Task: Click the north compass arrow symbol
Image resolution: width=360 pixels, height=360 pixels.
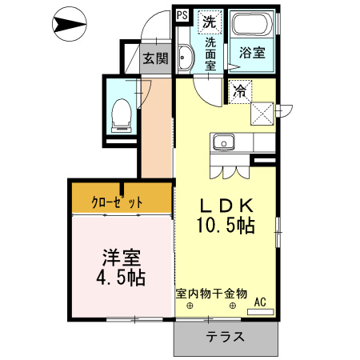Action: pyautogui.click(x=70, y=26)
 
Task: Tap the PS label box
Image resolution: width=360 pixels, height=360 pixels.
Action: pyautogui.click(x=181, y=14)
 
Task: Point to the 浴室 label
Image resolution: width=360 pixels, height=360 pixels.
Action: pyautogui.click(x=253, y=54)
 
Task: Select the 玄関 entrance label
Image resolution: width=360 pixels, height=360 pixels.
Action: pyautogui.click(x=155, y=58)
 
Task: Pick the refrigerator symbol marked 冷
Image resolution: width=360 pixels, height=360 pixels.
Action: pyautogui.click(x=240, y=92)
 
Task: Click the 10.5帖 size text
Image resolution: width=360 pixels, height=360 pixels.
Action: pyautogui.click(x=226, y=226)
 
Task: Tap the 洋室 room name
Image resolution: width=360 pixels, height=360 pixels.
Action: pyautogui.click(x=122, y=258)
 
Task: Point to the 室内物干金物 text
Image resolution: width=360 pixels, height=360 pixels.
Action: pyautogui.click(x=211, y=294)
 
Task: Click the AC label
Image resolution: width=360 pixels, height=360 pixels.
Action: pyautogui.click(x=259, y=302)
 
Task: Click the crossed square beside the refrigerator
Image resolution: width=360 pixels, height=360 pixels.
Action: pyautogui.click(x=262, y=111)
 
